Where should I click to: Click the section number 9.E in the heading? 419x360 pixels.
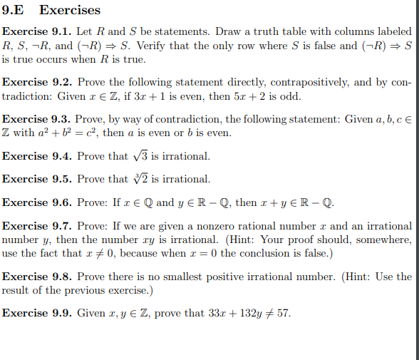[x=15, y=10]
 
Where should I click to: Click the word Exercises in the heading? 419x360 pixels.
[x=70, y=10]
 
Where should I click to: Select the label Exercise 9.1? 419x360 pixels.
[x=36, y=32]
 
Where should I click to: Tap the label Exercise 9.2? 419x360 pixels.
[x=36, y=83]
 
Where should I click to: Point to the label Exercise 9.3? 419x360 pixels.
[x=36, y=120]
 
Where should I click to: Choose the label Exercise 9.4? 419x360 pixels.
[x=36, y=156]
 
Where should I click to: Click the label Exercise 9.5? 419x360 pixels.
[x=36, y=179]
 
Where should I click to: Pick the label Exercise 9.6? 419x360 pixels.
[x=36, y=202]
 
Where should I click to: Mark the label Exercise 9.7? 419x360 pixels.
[x=36, y=226]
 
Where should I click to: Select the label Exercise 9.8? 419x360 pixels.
[x=36, y=277]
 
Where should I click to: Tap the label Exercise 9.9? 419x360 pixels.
[x=36, y=314]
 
